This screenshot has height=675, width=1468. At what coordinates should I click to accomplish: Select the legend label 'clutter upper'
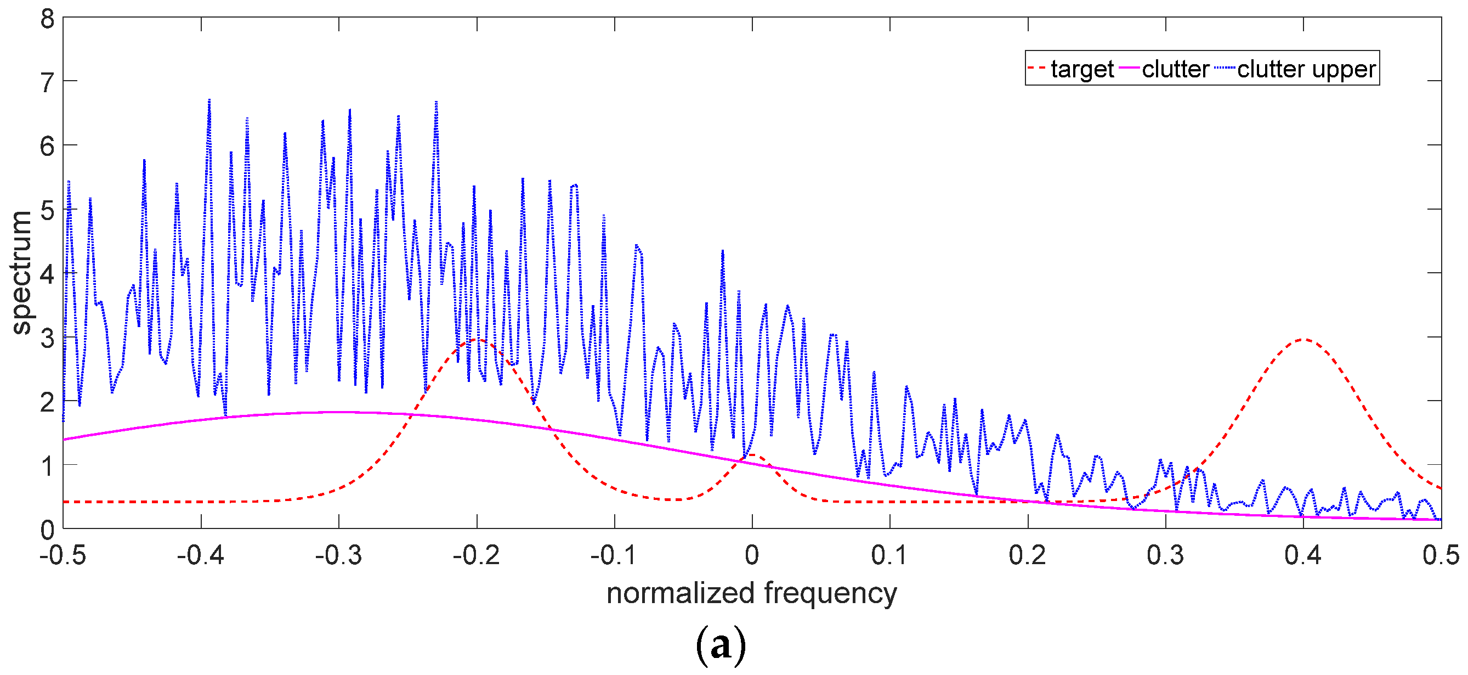(x=1306, y=69)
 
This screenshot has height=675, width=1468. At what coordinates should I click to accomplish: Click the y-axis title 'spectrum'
(x=21, y=273)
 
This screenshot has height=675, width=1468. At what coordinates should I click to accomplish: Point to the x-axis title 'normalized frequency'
(x=751, y=593)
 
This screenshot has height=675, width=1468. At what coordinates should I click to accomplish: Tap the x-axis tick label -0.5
(x=63, y=555)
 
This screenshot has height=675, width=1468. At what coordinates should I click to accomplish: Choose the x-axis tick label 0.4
(x=1303, y=555)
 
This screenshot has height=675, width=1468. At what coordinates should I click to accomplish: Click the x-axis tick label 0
(x=752, y=555)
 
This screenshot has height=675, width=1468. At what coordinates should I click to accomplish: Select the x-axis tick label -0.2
(x=477, y=555)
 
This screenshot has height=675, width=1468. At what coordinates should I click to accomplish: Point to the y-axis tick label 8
(x=47, y=19)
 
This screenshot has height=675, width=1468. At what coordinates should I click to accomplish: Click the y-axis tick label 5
(x=47, y=210)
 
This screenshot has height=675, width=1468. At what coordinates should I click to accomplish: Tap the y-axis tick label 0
(x=47, y=530)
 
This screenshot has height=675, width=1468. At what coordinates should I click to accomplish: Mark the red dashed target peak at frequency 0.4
(x=1303, y=339)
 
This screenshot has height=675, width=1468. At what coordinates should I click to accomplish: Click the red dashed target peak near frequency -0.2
(x=478, y=340)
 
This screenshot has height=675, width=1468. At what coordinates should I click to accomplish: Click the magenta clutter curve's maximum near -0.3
(x=339, y=412)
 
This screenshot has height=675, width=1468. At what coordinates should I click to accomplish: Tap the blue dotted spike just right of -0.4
(x=209, y=100)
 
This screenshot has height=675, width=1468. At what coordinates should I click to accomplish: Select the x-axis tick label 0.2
(x=1027, y=555)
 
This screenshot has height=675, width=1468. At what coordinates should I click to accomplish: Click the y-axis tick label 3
(x=47, y=337)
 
